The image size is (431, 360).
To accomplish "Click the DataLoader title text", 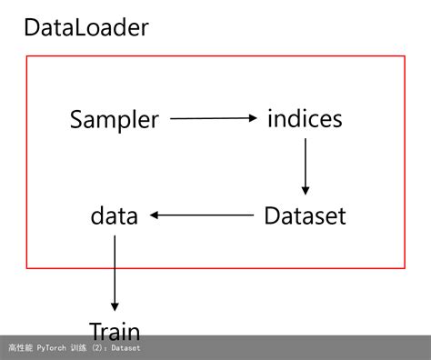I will pos(85,27).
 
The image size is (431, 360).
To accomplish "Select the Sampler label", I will pos(115,119).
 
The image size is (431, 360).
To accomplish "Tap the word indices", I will pos(305,118).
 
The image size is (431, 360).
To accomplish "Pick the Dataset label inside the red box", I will pos(305,216).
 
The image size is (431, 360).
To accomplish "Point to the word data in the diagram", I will pos(115,216).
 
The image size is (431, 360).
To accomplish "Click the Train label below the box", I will pos(115,330).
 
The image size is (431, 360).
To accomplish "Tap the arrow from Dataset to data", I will pos(202,215).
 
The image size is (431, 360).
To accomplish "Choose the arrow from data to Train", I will pos(115,273).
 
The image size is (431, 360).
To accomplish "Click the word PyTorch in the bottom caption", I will pos(54,347).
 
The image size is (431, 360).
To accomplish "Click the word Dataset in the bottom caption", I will pos(125,347).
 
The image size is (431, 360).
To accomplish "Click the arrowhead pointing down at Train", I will pos(115,307).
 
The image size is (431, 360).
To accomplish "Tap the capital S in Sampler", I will pos(77,119).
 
